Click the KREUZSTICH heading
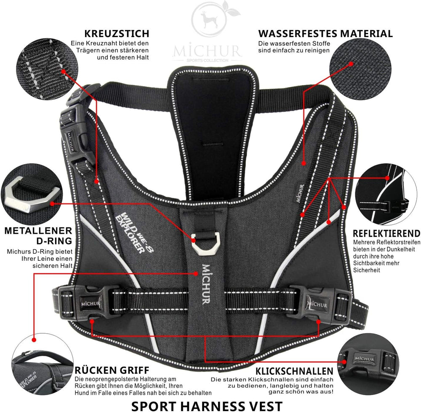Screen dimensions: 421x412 117,34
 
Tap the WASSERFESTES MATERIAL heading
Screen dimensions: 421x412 325,34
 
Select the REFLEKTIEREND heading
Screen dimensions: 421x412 386,233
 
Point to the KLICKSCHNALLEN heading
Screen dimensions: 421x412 294,371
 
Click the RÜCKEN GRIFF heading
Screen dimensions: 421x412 112,370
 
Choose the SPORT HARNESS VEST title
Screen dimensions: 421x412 207,406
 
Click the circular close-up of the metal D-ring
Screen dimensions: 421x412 32,194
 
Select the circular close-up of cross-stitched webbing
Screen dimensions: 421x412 47,69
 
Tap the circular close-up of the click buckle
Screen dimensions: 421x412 368,364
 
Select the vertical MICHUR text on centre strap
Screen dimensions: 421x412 206,284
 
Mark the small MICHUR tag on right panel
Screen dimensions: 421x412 300,194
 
